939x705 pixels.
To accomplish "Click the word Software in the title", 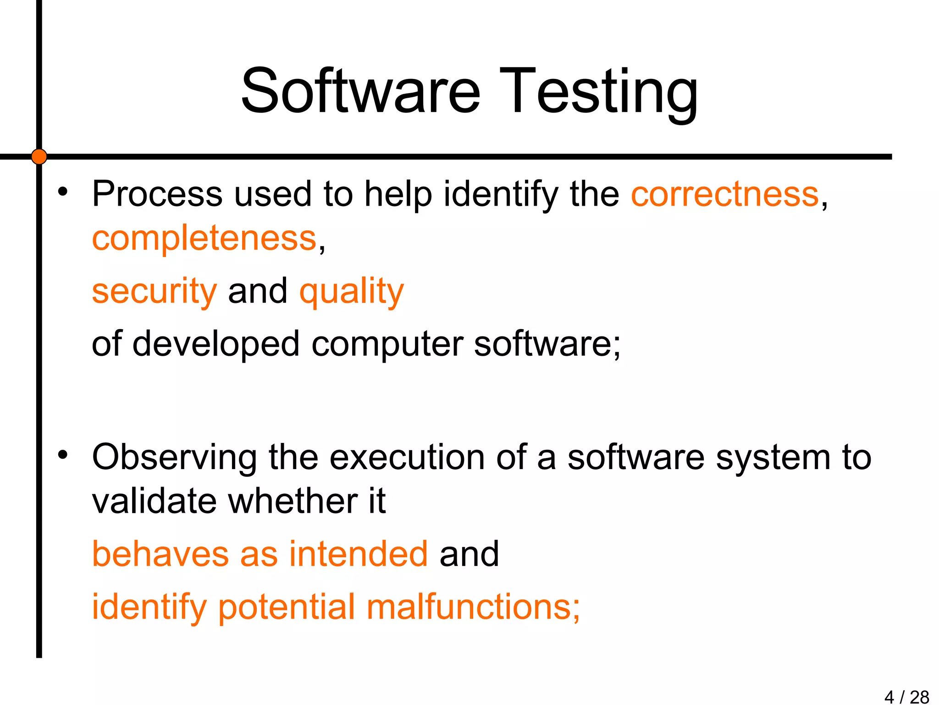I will [360, 90].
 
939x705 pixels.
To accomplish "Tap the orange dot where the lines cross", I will [39, 157].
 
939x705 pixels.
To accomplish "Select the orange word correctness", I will [725, 194].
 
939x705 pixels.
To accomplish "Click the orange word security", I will [154, 291].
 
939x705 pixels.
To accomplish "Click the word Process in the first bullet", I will [157, 194].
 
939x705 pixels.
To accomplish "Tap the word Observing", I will [174, 458].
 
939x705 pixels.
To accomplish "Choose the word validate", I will [154, 501].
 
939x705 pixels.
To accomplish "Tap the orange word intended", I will [359, 554].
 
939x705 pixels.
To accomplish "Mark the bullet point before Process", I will [63, 191].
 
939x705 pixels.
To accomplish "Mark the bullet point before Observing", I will [63, 455].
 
